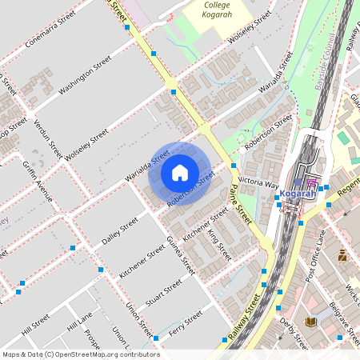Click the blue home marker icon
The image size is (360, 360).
coord(180,173)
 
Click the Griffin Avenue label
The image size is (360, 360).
coord(38,182)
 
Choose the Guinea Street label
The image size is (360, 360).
coord(180,256)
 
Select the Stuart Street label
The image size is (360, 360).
coord(165,300)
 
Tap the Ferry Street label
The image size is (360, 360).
coord(186,326)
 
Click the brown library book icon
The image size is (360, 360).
coord(310,322)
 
